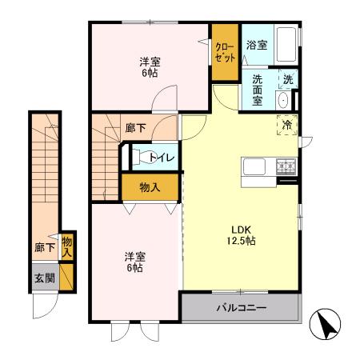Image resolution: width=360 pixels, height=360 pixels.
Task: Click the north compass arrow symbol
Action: (325, 324)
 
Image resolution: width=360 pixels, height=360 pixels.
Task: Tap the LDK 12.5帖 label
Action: (241, 235)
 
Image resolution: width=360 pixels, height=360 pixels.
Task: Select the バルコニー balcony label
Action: (242, 308)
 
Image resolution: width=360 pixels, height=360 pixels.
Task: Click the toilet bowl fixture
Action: (142, 157)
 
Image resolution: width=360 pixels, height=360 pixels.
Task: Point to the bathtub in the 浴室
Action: (286, 44)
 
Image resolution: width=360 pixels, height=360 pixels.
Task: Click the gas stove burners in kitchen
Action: (286, 166)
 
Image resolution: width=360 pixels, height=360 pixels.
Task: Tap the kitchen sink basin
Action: (254, 167)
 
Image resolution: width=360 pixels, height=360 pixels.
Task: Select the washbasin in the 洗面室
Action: (283, 100)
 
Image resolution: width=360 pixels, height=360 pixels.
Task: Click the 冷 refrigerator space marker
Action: (287, 125)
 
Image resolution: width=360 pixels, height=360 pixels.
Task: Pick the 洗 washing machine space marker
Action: (288, 79)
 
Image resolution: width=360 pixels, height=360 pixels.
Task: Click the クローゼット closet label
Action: (225, 52)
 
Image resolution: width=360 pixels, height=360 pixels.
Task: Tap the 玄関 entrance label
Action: (45, 278)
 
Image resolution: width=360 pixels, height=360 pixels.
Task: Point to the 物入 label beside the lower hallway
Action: (66, 247)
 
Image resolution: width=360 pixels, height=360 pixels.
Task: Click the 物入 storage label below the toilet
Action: (150, 187)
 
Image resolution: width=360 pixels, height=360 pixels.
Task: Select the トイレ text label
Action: (162, 157)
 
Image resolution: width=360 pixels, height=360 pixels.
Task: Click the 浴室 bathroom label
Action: (257, 45)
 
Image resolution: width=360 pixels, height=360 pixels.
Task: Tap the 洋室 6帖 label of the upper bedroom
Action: (150, 67)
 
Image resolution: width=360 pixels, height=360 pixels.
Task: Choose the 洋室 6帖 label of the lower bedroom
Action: (135, 262)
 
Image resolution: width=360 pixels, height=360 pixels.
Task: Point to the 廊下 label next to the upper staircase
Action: (136, 128)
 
